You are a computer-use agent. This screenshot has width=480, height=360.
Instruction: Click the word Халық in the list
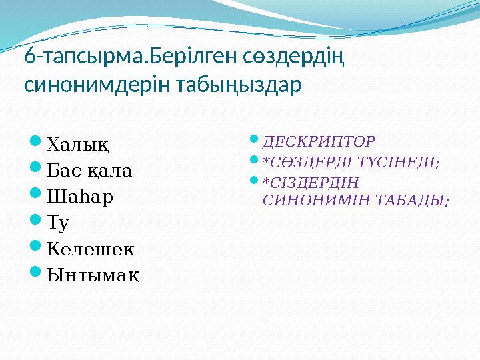(x=79, y=143)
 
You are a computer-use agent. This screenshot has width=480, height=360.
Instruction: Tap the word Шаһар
(x=80, y=197)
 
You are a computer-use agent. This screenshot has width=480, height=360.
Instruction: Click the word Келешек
(x=91, y=249)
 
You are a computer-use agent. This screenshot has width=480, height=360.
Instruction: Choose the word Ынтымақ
(x=94, y=275)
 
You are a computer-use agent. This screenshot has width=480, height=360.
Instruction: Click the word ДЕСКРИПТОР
(x=319, y=141)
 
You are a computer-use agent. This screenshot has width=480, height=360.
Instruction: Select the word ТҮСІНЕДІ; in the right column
(x=404, y=161)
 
